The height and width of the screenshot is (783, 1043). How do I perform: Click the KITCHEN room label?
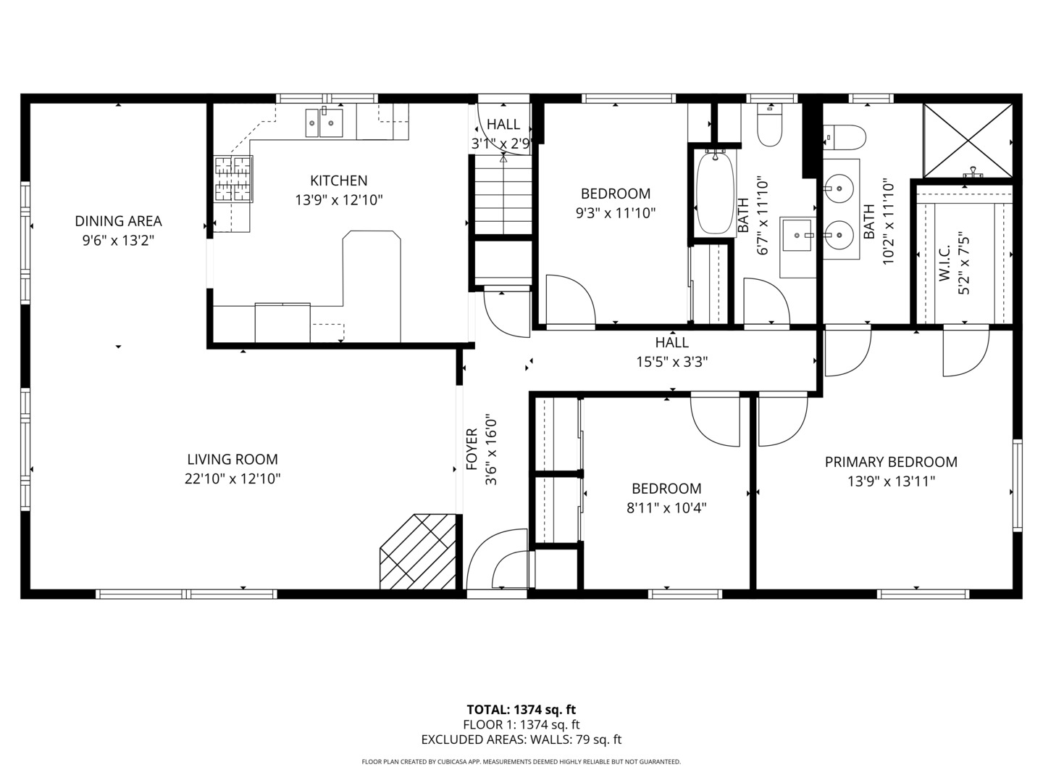[338, 181]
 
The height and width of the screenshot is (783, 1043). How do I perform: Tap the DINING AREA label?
[118, 221]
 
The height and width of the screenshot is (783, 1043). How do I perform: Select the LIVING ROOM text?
[233, 459]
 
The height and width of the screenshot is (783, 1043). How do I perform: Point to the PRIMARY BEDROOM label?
[891, 462]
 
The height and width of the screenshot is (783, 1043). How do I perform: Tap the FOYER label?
[472, 449]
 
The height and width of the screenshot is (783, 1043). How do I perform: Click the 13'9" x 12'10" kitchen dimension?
[338, 199]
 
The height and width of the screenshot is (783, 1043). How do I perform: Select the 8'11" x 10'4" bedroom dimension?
[666, 507]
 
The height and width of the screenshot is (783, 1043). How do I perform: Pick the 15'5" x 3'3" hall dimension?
[671, 361]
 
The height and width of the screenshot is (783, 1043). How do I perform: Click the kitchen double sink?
[324, 123]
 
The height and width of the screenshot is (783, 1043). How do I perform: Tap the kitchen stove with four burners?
[233, 178]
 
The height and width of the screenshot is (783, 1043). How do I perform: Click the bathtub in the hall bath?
[715, 192]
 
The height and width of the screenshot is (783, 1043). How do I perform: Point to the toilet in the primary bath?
[845, 136]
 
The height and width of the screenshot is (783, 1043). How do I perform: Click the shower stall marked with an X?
[967, 141]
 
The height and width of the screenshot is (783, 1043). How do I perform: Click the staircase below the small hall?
[503, 196]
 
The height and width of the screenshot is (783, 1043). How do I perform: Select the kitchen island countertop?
[372, 283]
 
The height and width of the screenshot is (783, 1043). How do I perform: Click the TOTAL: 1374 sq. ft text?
[521, 710]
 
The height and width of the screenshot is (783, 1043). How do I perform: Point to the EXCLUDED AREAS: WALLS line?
[521, 739]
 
